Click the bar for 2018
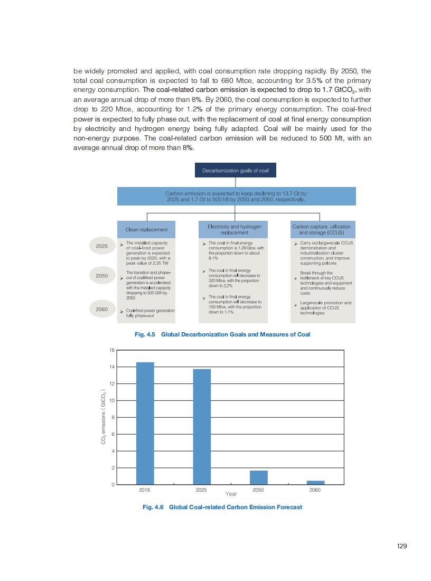[145, 423]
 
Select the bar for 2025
[202, 426]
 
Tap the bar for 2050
[259, 477]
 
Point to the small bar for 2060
[315, 482]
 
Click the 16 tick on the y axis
[112, 350]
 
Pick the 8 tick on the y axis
[112, 417]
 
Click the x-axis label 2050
[258, 490]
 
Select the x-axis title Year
[231, 494]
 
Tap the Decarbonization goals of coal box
[236, 171]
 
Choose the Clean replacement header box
[146, 229]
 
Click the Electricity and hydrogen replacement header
[234, 229]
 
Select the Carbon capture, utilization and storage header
[321, 229]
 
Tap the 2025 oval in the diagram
[102, 246]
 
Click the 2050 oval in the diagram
[102, 276]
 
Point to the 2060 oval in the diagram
[102, 310]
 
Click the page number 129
[401, 546]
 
